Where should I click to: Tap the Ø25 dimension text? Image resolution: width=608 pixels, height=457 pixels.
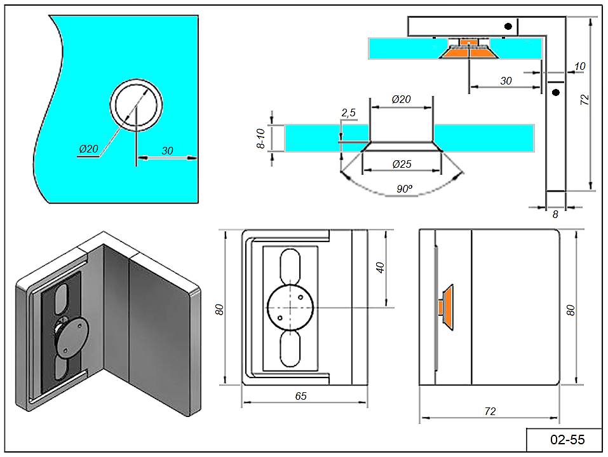click(x=402, y=164)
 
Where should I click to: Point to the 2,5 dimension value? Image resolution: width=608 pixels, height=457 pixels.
click(x=349, y=113)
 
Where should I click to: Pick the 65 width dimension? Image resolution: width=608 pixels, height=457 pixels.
click(x=301, y=396)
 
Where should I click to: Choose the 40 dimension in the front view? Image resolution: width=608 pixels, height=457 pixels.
click(x=381, y=267)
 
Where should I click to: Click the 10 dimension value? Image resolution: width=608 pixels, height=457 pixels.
click(x=579, y=67)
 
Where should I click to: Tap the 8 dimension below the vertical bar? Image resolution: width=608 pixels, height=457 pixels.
click(x=555, y=215)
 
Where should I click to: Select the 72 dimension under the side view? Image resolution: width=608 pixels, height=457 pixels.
click(x=489, y=411)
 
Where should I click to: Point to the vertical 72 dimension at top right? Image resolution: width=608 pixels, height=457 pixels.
click(x=585, y=100)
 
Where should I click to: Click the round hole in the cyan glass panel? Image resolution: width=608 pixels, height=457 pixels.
click(x=137, y=105)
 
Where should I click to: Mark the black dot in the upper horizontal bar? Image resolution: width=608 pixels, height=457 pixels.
click(x=508, y=26)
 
